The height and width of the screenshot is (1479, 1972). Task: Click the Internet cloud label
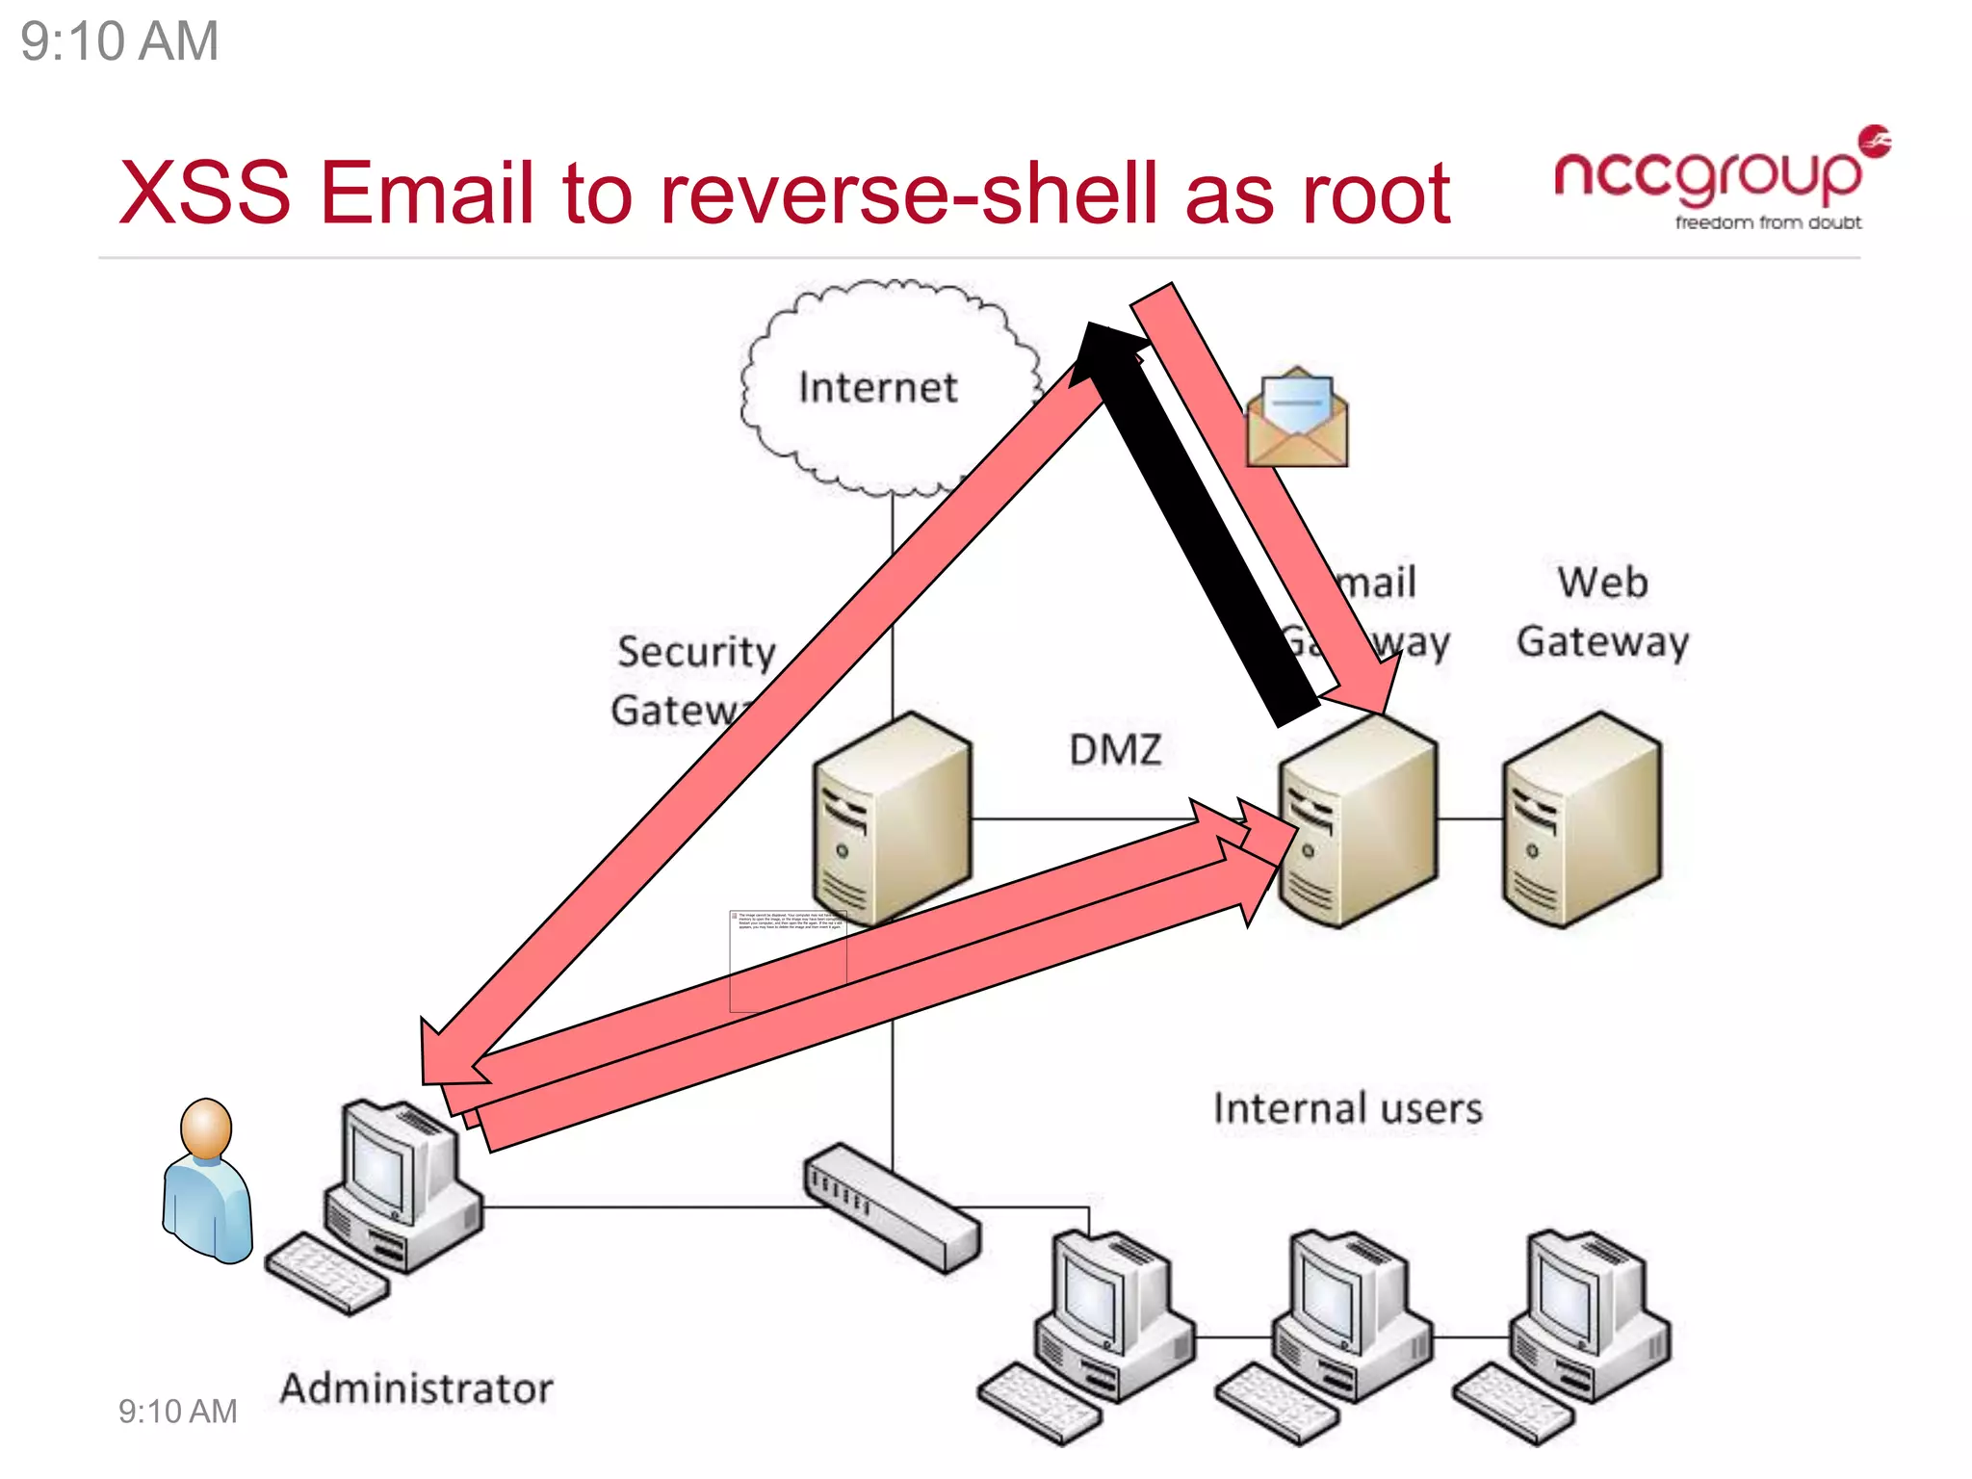877,388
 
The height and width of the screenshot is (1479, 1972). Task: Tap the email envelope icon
1296,419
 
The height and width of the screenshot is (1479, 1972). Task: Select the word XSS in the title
204,194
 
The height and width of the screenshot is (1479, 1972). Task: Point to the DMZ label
1115,750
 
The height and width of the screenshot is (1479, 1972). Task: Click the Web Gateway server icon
1581,820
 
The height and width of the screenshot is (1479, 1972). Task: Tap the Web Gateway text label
1602,612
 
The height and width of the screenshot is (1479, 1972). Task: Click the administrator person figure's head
206,1128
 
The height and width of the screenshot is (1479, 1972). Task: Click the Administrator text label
416,1388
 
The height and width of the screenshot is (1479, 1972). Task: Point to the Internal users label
1347,1108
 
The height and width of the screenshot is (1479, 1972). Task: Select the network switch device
892,1207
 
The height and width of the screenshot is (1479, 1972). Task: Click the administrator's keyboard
326,1273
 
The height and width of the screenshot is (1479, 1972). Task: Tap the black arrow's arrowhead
1105,351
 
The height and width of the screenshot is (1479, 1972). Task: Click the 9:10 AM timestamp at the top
119,41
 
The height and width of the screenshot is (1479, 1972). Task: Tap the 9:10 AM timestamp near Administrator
177,1412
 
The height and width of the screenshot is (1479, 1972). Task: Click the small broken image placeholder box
788,960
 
